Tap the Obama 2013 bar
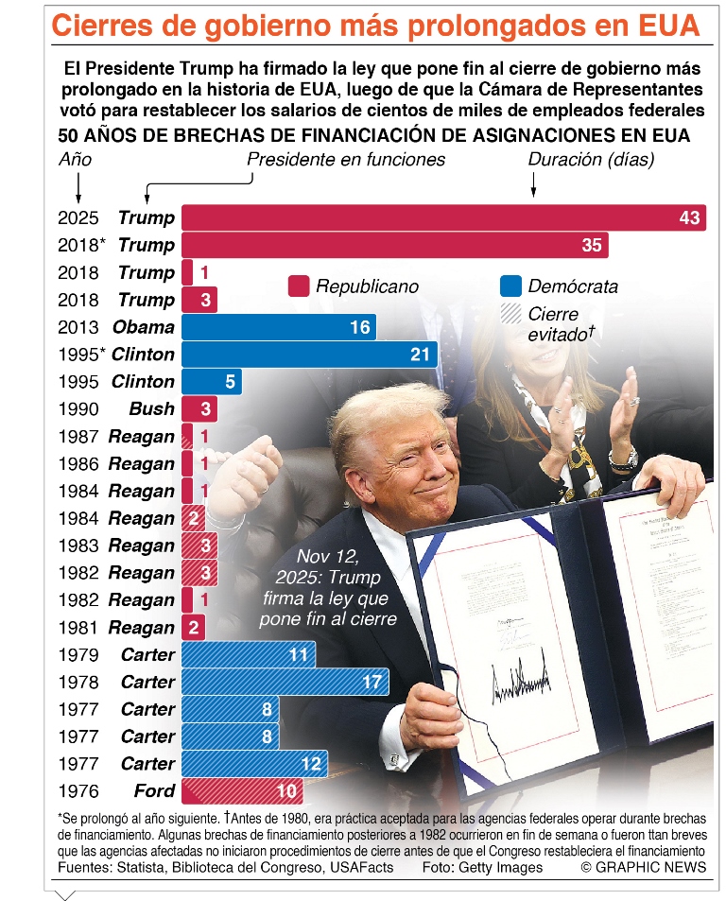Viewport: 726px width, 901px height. pyautogui.click(x=278, y=327)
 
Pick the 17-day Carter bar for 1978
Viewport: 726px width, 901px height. pyautogui.click(x=285, y=682)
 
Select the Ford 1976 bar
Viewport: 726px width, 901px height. pyautogui.click(x=241, y=791)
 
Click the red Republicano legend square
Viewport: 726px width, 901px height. pyautogui.click(x=299, y=286)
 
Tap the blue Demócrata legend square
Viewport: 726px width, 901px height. pyautogui.click(x=510, y=286)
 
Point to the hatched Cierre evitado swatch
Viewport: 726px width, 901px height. pyautogui.click(x=510, y=314)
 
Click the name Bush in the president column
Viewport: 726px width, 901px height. pyautogui.click(x=152, y=409)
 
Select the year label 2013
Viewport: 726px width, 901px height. pyautogui.click(x=78, y=327)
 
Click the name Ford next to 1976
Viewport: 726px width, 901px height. pyautogui.click(x=154, y=791)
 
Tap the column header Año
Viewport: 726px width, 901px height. pyautogui.click(x=76, y=160)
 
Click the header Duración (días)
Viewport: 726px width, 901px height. pyautogui.click(x=591, y=160)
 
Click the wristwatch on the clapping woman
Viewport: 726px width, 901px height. pyautogui.click(x=623, y=460)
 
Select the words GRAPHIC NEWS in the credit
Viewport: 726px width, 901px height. pyautogui.click(x=653, y=868)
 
